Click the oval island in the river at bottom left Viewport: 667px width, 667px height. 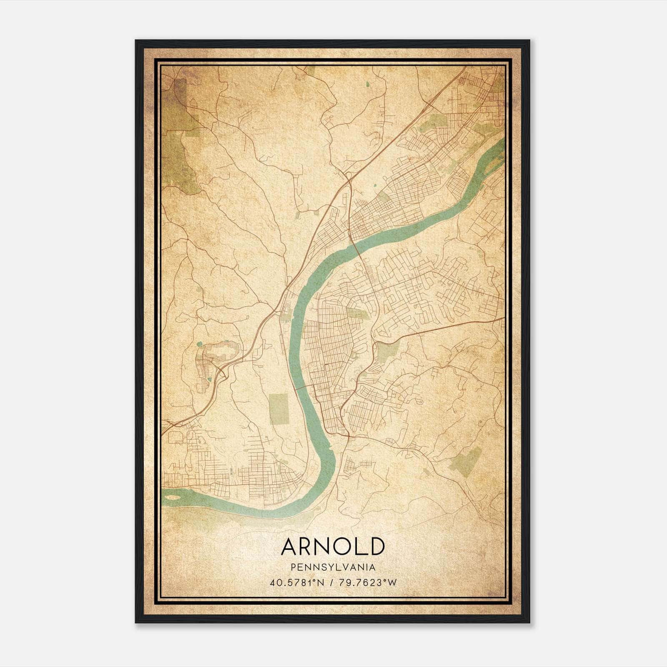tap(176, 496)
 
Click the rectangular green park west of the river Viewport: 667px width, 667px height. tap(279, 409)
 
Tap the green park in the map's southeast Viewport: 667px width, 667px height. tap(467, 462)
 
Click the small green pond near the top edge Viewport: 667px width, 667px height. tap(367, 84)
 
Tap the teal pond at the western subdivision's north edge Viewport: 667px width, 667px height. tap(199, 344)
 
